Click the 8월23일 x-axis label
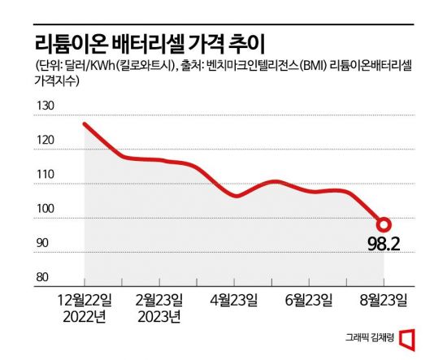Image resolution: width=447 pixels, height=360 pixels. tap(384, 299)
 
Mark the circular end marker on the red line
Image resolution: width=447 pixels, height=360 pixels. tap(384, 224)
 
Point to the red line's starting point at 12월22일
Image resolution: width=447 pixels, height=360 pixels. tap(85, 124)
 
